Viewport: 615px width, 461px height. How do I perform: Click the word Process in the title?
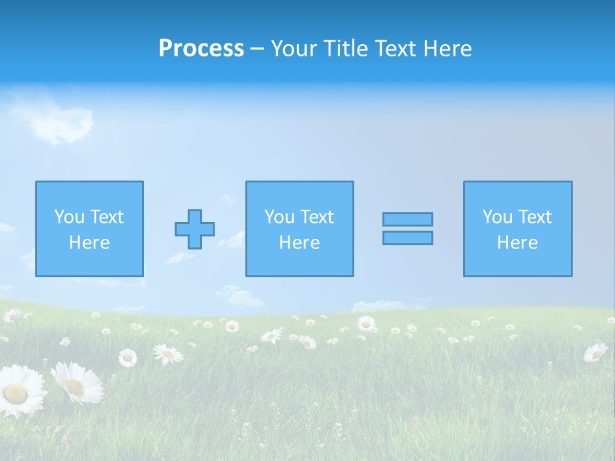(201, 49)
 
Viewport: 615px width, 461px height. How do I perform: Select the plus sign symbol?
(195, 229)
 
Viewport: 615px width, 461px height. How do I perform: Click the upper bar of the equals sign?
(407, 219)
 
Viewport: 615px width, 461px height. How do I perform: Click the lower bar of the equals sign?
(407, 238)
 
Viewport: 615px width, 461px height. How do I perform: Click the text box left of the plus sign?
(90, 229)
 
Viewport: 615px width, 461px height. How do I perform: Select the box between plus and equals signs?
(299, 229)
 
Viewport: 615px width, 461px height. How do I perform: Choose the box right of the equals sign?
(518, 229)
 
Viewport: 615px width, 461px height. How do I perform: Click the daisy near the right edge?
(596, 352)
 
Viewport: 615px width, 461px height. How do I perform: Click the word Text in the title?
(394, 49)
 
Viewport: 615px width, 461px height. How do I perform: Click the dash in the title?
(258, 49)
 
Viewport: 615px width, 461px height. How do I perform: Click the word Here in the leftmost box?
(89, 243)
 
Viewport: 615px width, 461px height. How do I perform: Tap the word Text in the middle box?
(318, 217)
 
